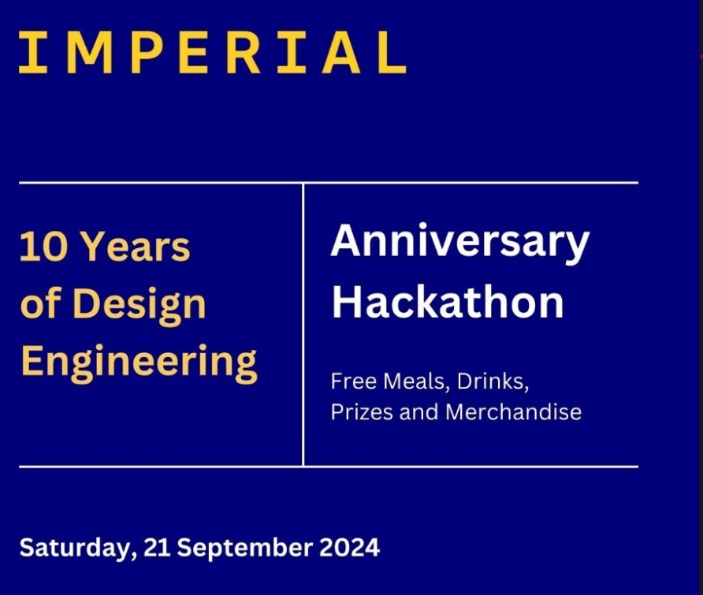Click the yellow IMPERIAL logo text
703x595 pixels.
click(x=213, y=53)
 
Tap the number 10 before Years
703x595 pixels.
click(x=43, y=247)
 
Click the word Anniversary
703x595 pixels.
click(x=460, y=243)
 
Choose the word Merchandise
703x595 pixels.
click(x=513, y=412)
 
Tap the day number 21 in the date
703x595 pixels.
click(x=157, y=548)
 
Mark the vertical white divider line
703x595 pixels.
click(x=303, y=325)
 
